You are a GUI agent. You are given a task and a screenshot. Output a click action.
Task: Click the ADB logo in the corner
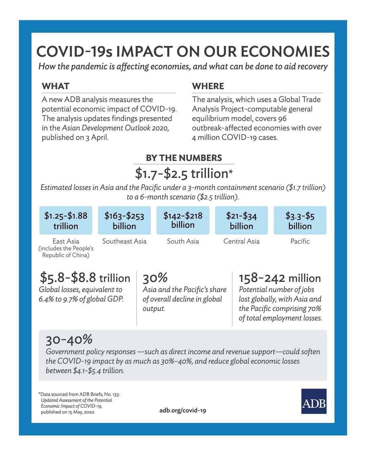pyautogui.click(x=314, y=401)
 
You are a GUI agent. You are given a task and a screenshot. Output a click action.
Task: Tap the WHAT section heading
pyautogui.click(x=56, y=86)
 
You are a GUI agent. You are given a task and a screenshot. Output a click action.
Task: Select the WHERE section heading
pyautogui.click(x=208, y=86)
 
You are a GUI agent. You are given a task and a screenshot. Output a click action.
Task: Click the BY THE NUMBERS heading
pyautogui.click(x=184, y=158)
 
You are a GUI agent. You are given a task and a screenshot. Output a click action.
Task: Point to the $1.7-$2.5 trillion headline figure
pyautogui.click(x=184, y=173)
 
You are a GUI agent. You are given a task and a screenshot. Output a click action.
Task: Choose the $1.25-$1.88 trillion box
pyautogui.click(x=66, y=220)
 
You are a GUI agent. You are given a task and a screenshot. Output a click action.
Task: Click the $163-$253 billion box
pyautogui.click(x=124, y=220)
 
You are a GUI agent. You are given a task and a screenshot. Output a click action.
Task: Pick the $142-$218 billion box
pyautogui.click(x=183, y=220)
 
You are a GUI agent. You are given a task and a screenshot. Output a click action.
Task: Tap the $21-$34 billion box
pyautogui.click(x=241, y=220)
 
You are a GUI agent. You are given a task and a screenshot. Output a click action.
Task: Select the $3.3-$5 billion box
pyautogui.click(x=300, y=220)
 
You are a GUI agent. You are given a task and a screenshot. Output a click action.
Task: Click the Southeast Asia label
pyautogui.click(x=124, y=241)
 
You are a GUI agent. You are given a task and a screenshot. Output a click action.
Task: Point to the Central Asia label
pyautogui.click(x=241, y=241)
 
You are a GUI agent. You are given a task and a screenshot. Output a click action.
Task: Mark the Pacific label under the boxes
pyautogui.click(x=300, y=241)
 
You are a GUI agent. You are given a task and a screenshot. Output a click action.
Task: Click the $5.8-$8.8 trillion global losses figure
pyautogui.click(x=85, y=278)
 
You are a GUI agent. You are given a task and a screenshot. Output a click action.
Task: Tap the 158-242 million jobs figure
pyautogui.click(x=280, y=278)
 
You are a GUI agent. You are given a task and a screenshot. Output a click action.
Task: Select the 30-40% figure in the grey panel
pyautogui.click(x=69, y=339)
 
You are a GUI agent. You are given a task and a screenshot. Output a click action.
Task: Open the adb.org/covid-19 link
pyautogui.click(x=182, y=410)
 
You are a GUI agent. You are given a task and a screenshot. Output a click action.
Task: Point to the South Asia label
pyautogui.click(x=183, y=241)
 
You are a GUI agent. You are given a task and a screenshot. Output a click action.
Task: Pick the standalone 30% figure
pyautogui.click(x=155, y=278)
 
